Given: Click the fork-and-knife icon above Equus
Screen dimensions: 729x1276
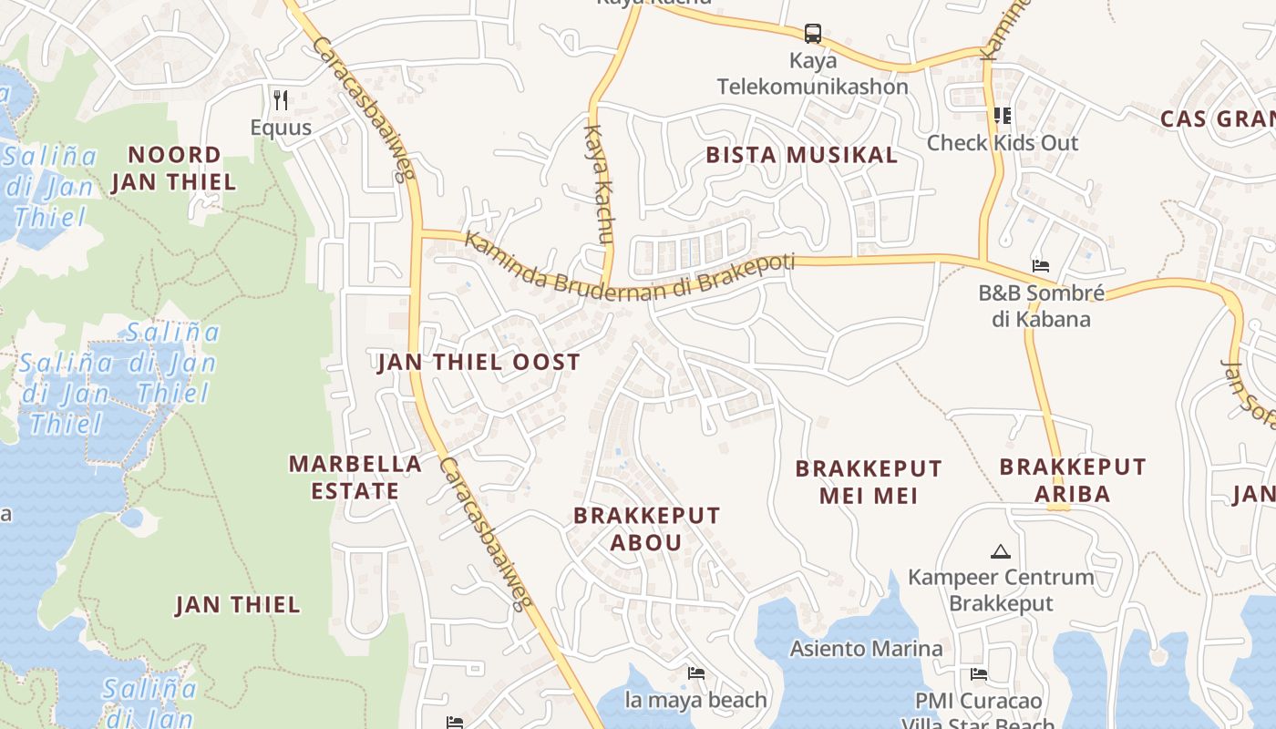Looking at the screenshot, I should tap(281, 98).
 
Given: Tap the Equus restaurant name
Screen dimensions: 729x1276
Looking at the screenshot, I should tap(281, 128).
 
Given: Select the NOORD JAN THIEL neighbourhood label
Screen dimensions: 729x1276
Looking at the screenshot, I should tap(173, 168).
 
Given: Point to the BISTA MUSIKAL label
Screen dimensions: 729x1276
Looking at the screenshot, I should tap(802, 155).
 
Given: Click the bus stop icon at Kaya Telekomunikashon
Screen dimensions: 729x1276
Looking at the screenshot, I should tap(812, 35).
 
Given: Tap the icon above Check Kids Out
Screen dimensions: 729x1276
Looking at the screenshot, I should tap(1002, 116).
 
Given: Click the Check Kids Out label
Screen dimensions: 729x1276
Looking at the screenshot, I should tap(1002, 143).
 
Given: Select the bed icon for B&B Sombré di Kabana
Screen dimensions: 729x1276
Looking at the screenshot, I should tap(1040, 266).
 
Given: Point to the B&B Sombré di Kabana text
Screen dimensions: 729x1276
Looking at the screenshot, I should tap(1040, 306).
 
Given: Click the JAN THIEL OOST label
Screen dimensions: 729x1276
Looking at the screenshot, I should tap(478, 362).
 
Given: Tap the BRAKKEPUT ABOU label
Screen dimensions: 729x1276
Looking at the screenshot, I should tap(646, 529).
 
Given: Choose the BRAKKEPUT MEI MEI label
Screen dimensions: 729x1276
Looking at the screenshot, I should tap(869, 482).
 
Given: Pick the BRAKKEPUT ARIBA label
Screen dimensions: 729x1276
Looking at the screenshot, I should tap(1073, 480).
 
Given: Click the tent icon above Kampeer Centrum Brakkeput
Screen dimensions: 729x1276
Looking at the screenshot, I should tap(1000, 551).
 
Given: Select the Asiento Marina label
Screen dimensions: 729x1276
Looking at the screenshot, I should tap(866, 649).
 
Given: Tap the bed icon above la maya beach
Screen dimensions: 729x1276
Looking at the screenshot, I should tap(696, 673).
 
